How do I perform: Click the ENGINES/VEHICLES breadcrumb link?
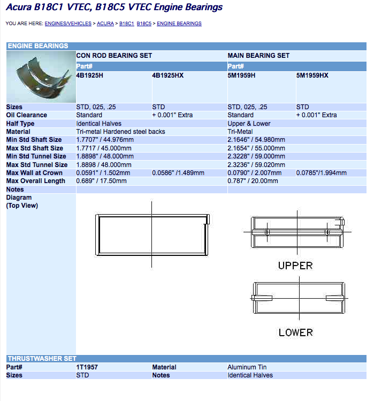coord(68,24)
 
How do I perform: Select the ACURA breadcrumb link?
coord(105,24)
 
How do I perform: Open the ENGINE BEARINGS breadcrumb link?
coord(179,24)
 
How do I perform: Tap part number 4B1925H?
coord(90,75)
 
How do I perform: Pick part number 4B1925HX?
coord(167,75)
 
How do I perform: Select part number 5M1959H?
coord(241,75)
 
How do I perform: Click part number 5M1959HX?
coord(312,75)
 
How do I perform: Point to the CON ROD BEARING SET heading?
coord(114,56)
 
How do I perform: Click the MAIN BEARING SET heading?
coord(258,56)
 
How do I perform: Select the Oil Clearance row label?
coord(26,115)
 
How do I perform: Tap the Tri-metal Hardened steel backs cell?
coord(120,132)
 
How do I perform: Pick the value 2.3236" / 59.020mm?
coord(256,165)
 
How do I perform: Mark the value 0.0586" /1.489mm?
coord(178,173)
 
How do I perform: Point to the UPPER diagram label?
coord(295,266)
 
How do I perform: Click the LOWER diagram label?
coord(295,332)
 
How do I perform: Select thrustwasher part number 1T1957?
coord(87,367)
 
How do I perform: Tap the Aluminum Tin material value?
coord(247,367)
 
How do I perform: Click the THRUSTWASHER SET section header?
coord(42,359)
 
